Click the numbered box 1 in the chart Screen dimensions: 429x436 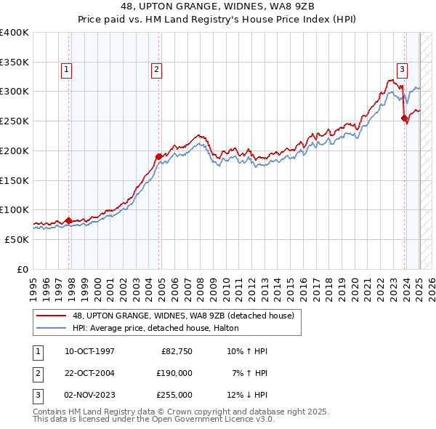coord(66,70)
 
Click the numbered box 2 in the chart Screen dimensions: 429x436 coord(156,70)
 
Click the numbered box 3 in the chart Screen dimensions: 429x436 coord(402,70)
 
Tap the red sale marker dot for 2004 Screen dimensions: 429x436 coord(158,156)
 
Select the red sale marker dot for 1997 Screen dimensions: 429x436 coord(68,220)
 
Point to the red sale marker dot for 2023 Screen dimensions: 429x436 coord(404,118)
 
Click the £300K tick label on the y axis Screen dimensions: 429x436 coord(14,92)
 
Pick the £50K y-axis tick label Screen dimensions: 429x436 coord(17,239)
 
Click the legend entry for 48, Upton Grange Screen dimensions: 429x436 coord(182,316)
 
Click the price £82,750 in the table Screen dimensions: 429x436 coord(174,351)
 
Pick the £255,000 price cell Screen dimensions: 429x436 coord(174,395)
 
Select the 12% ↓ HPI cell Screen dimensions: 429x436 coord(247,395)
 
